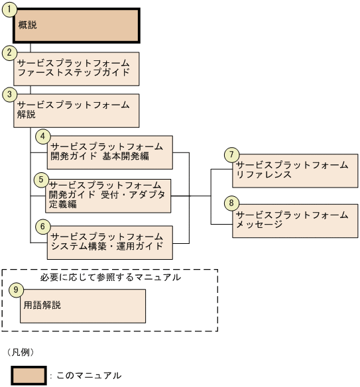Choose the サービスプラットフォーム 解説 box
point(76,111)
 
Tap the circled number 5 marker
point(40,179)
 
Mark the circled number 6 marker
point(43,226)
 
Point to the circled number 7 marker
point(231,154)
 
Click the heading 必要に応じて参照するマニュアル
point(109,277)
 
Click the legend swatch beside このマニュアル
point(27,374)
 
